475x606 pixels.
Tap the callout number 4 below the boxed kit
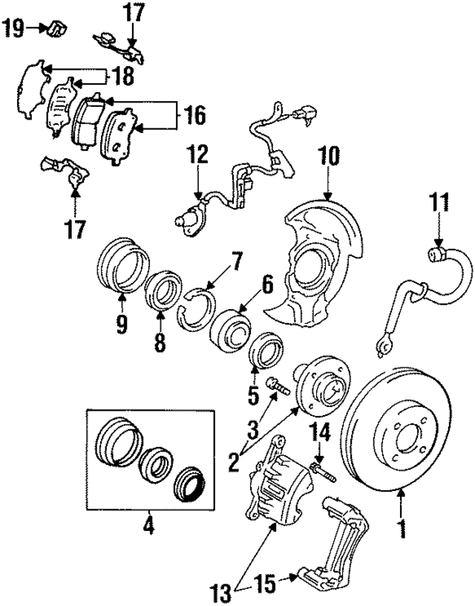(x=148, y=527)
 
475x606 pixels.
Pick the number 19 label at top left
(x=13, y=29)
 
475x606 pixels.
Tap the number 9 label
(x=122, y=324)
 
